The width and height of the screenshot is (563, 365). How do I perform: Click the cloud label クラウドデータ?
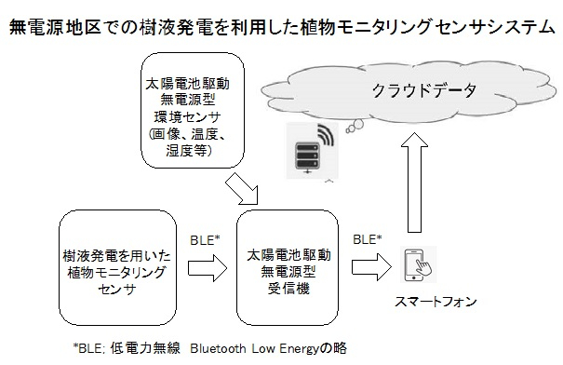click(423, 91)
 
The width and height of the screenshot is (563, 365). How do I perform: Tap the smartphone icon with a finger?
click(417, 264)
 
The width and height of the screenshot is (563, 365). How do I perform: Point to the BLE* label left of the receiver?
click(205, 239)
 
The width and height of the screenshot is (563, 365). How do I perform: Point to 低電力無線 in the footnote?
click(145, 348)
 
